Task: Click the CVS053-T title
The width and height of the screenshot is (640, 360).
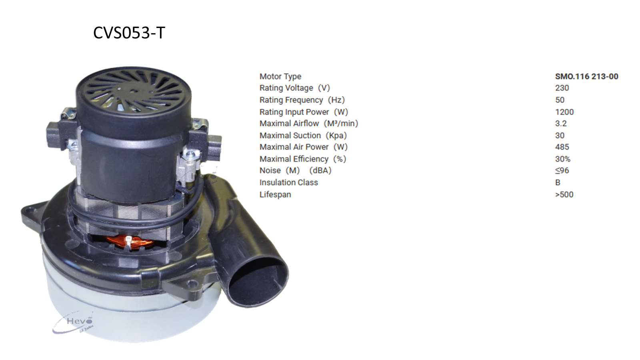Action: [x=129, y=33]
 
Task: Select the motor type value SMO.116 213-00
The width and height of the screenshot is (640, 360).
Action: [x=586, y=76]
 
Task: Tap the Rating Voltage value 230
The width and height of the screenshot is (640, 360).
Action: [x=562, y=88]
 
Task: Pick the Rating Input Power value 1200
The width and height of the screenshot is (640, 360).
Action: [x=564, y=112]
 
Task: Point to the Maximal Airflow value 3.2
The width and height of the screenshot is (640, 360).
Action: [x=561, y=124]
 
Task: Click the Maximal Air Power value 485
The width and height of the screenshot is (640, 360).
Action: [x=562, y=147]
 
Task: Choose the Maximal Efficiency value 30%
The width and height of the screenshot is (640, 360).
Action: [x=563, y=159]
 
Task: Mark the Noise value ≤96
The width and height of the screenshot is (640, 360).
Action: [x=562, y=170]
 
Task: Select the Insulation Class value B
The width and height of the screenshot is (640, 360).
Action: [x=558, y=182]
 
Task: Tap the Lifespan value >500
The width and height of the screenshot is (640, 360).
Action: [x=564, y=194]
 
